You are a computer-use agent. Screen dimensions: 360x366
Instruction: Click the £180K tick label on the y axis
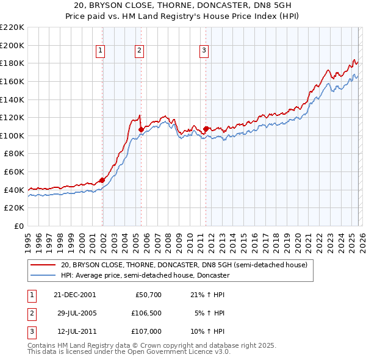(12, 63)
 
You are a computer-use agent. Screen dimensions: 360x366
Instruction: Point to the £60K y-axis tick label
(14, 172)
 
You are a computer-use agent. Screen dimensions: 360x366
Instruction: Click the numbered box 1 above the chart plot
(100, 51)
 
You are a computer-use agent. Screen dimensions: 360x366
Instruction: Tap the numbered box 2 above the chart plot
(139, 51)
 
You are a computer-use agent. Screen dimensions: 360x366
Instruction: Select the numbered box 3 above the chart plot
(204, 51)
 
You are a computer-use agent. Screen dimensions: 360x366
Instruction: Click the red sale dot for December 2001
(102, 180)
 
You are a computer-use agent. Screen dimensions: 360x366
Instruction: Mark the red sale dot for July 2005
(141, 129)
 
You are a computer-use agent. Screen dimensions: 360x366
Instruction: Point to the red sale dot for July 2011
(206, 129)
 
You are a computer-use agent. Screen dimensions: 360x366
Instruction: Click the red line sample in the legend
(43, 265)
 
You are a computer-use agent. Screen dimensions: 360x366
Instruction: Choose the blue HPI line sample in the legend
(43, 276)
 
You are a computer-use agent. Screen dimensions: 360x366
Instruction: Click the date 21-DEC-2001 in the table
(75, 294)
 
